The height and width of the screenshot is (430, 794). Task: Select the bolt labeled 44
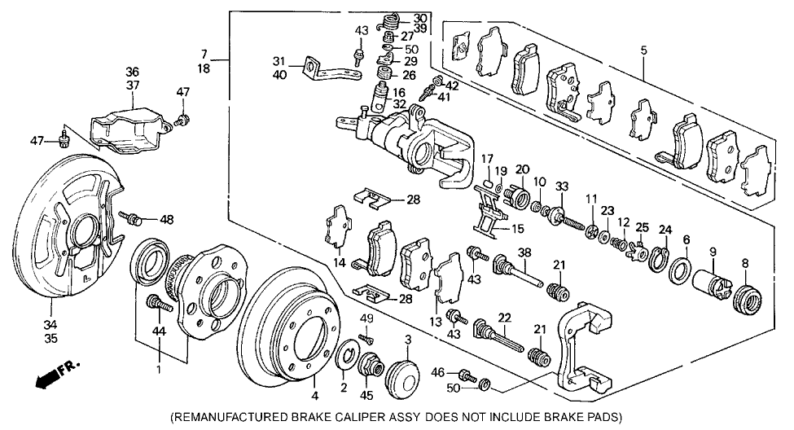pos(157,306)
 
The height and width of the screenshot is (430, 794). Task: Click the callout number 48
pos(167,219)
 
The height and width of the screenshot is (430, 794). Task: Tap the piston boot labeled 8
pos(744,300)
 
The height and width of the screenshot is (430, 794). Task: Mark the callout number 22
pos(504,318)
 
